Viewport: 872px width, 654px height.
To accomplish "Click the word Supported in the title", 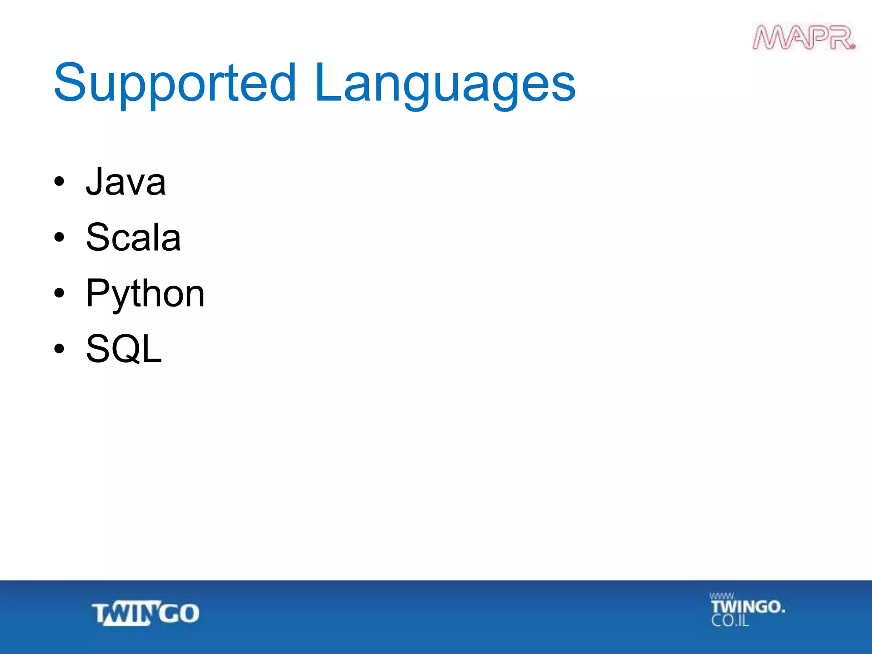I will (175, 83).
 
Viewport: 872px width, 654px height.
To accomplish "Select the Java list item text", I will (126, 182).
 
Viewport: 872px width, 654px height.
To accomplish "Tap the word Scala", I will (133, 238).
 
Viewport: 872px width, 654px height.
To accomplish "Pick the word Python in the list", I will (145, 294).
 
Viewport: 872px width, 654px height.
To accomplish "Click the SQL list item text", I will (124, 349).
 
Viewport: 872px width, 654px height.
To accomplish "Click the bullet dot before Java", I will (59, 182).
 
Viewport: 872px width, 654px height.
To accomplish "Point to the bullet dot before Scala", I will (59, 238).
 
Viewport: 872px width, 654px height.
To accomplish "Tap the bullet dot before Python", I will (59, 293).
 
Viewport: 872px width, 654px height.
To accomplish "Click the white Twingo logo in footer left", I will (146, 613).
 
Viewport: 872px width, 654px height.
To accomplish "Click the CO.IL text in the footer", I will (730, 621).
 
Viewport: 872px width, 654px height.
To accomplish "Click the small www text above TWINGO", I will (721, 596).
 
